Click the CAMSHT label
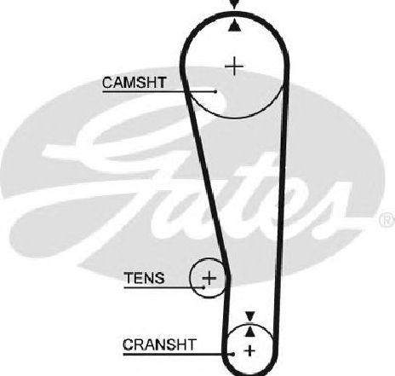coord(134,83)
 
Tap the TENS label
coord(144,278)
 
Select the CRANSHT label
coord(159,344)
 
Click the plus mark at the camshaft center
coord(234,66)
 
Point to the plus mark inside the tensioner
coord(209,278)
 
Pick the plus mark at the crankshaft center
coord(249,350)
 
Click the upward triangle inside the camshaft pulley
coord(235,26)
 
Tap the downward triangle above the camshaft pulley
coord(234,4)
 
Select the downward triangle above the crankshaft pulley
coord(250,316)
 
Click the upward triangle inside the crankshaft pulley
coord(249,332)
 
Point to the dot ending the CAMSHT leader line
coord(215,91)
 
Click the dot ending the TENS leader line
coord(203,287)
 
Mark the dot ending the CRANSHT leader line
coord(233,354)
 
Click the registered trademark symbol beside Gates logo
coord(386,220)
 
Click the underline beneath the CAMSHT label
coord(158,91)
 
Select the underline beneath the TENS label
coord(163,287)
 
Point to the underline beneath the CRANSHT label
coord(178,354)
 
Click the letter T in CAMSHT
coord(161,83)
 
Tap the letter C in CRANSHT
coord(128,344)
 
